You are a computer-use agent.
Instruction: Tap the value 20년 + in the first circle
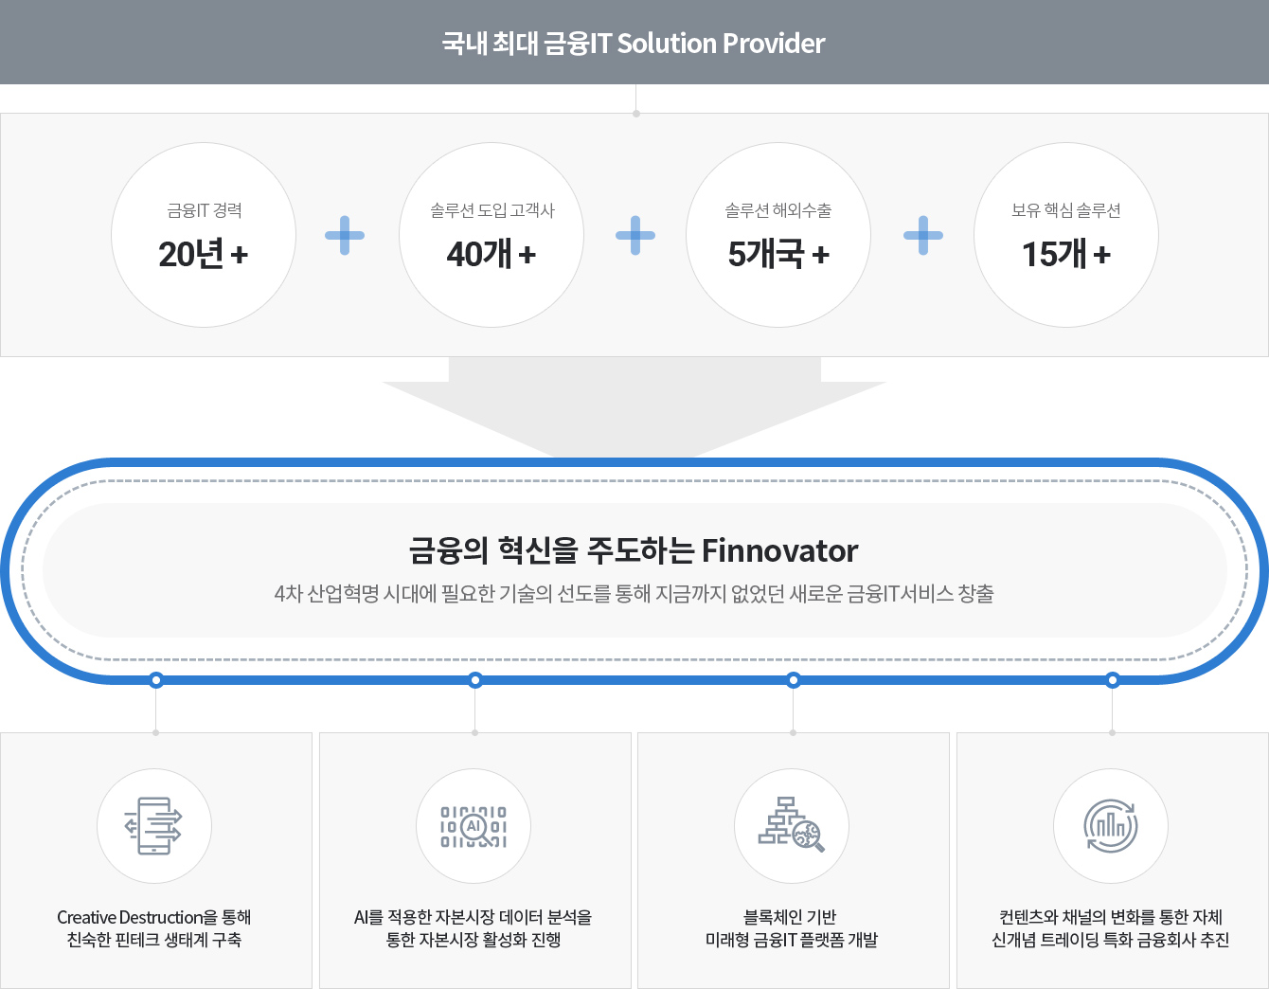pos(204,254)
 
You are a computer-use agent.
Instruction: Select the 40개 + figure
pos(492,254)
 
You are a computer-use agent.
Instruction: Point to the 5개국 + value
pos(778,254)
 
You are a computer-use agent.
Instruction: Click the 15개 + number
pos(1066,254)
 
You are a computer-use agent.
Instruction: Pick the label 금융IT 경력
pos(204,210)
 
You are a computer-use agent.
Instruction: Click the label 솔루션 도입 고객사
pos(492,210)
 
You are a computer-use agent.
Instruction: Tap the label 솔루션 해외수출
pos(778,210)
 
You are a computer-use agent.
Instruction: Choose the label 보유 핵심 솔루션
pos(1065,210)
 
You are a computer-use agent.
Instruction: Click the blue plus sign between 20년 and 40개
pos(345,236)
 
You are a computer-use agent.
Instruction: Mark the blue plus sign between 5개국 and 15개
pos(922,236)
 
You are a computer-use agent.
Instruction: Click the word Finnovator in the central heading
pos(779,551)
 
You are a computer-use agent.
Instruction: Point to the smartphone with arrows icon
pos(153,825)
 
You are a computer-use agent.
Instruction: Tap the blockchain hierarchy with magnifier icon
pos(792,824)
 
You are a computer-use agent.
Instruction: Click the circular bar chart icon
pos(1110,825)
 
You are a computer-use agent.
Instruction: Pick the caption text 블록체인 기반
pos(790,917)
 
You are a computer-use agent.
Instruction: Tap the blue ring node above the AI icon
pos(475,680)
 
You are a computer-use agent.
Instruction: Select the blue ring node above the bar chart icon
pos(1113,680)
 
